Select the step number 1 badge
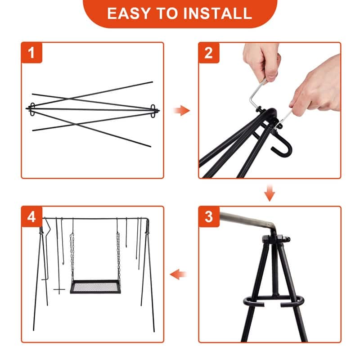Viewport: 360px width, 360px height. coord(31,53)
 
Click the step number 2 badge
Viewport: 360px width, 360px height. coord(209,53)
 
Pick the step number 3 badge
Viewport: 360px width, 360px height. coord(209,217)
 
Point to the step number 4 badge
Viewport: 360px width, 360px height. coord(31,217)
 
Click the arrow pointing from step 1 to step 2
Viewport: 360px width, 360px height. coord(182,110)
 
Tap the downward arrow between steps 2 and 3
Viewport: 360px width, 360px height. coord(270,193)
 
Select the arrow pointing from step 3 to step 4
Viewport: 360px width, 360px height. coord(178,274)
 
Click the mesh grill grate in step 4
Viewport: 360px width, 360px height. coord(95,287)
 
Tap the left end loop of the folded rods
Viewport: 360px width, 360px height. coord(32,109)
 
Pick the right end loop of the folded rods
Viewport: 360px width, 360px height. coord(153,111)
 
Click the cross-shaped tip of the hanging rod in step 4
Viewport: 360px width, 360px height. coord(59,289)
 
